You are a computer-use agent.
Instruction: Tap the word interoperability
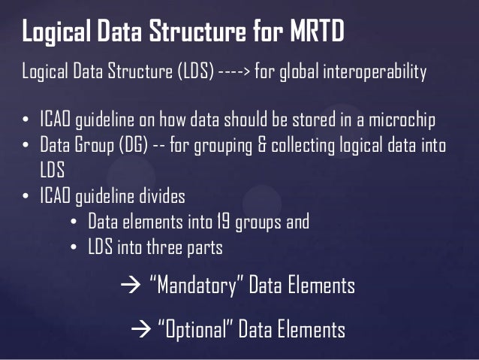378,72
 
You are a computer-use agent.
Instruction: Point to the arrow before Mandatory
126,286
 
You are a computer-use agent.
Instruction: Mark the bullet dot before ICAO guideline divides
25,197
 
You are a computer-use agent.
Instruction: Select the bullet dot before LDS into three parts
73,247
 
